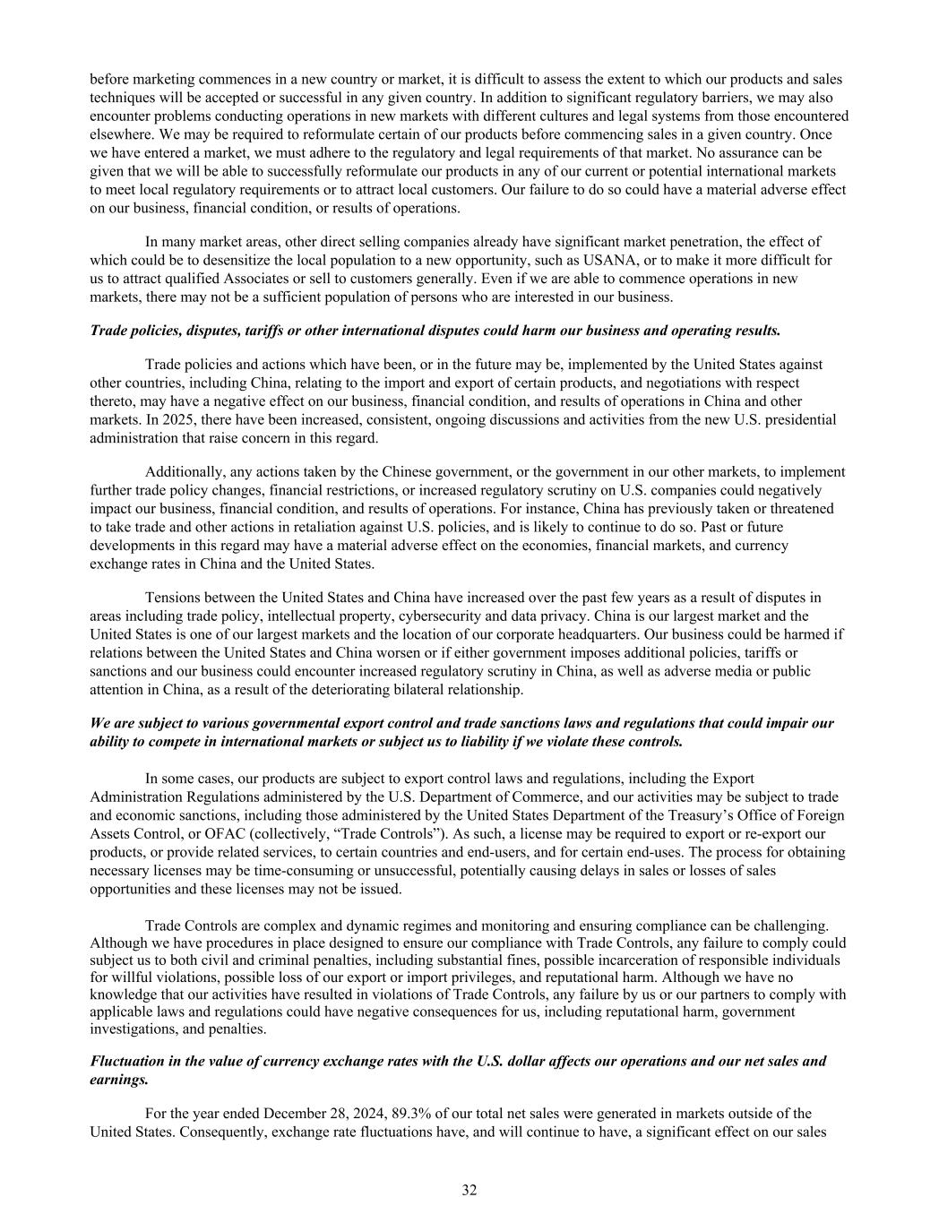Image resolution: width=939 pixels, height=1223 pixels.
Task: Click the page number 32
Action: [x=469, y=1190]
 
